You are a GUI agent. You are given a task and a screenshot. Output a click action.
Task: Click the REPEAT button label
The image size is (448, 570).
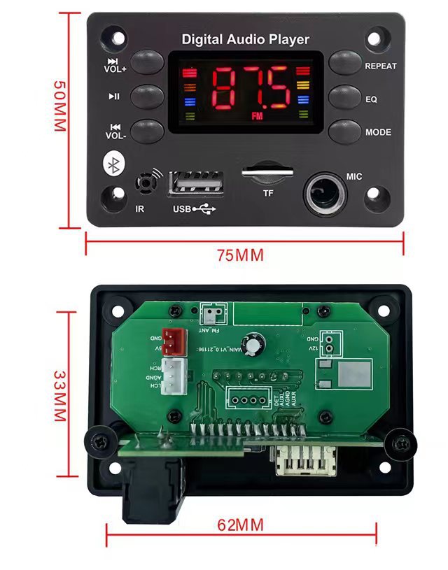pos(380,66)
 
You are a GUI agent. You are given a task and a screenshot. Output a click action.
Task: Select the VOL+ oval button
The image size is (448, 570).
pos(147,62)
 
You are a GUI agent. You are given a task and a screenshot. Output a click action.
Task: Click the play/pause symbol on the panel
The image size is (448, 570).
pos(114,97)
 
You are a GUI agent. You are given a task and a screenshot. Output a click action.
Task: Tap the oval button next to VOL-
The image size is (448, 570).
pos(147,130)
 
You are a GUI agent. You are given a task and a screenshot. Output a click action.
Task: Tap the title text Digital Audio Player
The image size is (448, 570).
pos(245,39)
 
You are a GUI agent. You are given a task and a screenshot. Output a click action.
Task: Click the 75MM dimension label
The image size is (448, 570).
pos(240,255)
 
